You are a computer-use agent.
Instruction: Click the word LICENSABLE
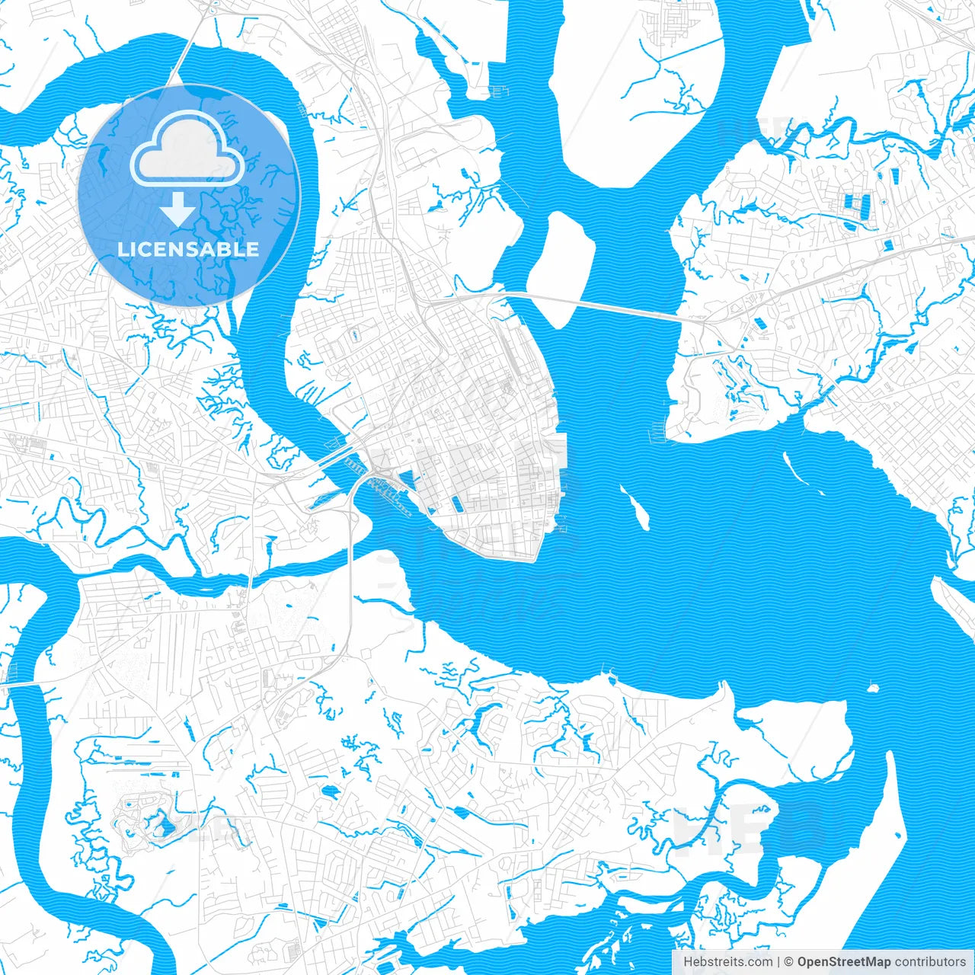click(188, 249)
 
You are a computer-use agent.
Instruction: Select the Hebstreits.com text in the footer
click(727, 961)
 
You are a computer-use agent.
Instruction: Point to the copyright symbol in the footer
click(789, 961)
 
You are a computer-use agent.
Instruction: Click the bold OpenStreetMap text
click(844, 961)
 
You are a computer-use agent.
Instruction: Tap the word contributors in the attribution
click(930, 961)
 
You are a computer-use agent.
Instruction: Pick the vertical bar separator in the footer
click(778, 961)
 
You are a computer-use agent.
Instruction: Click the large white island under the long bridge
click(560, 267)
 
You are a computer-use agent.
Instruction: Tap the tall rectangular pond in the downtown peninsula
click(457, 503)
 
